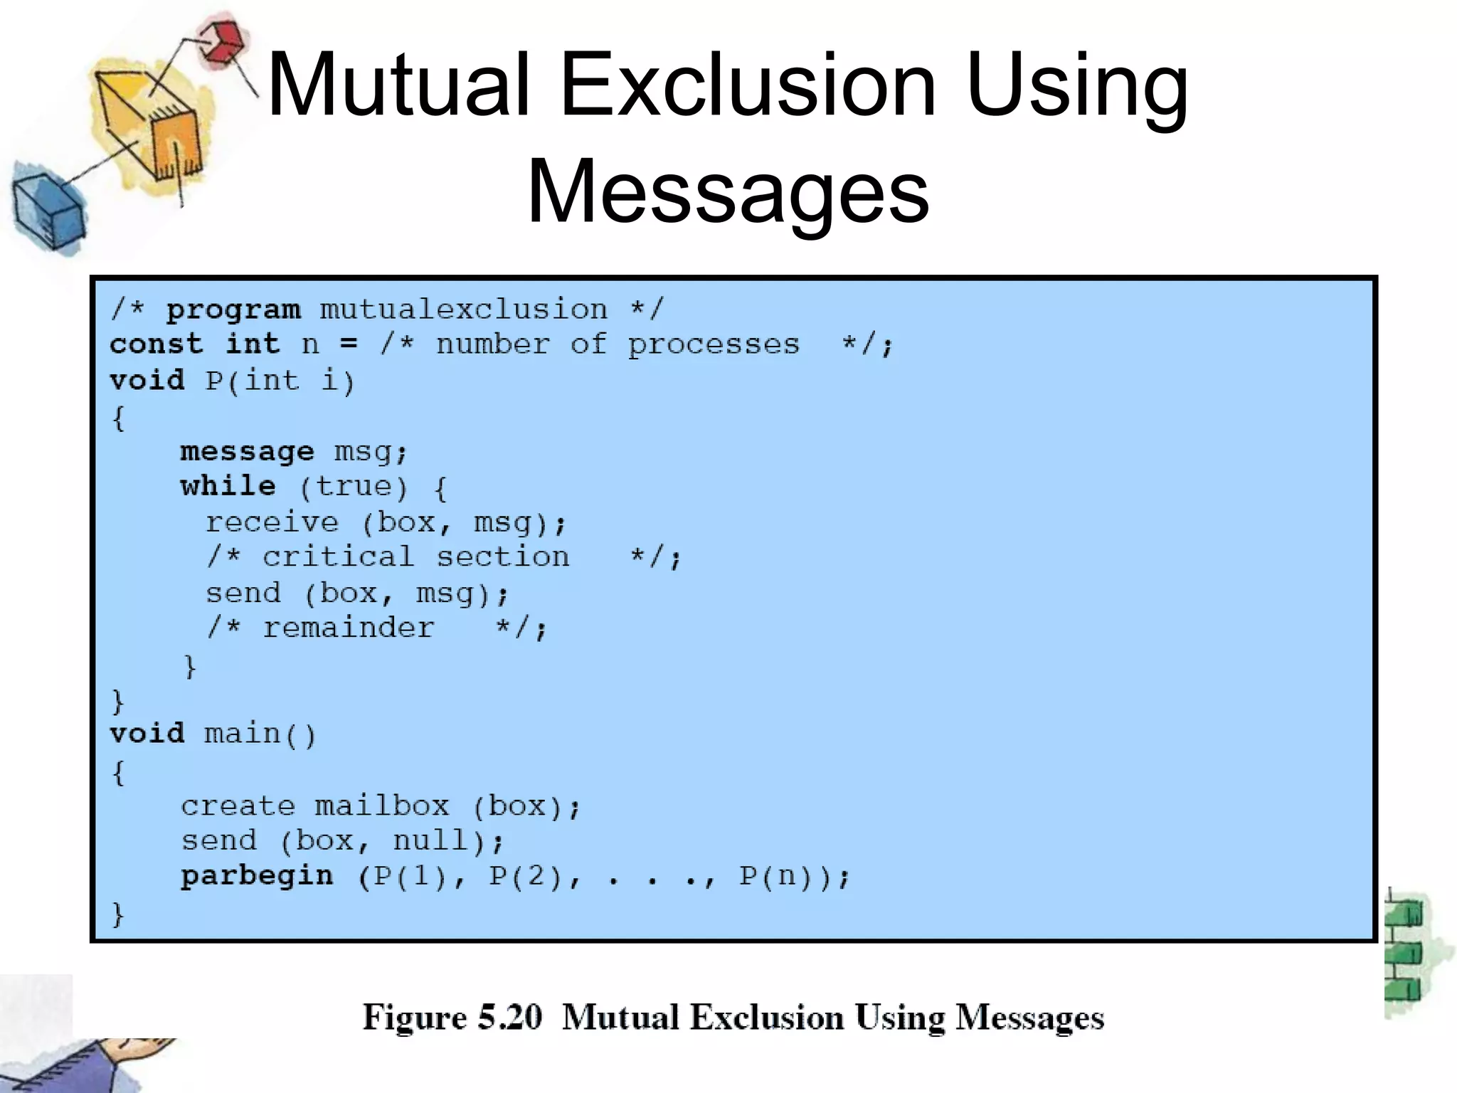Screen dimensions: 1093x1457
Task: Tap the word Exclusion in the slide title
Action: [x=748, y=87]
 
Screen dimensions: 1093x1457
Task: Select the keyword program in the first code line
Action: [x=233, y=310]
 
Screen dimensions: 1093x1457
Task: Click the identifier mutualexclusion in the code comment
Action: [x=463, y=310]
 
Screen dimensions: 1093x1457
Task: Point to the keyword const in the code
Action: [x=156, y=344]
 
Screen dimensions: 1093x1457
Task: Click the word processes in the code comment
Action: [x=713, y=345]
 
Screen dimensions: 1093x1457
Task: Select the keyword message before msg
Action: [x=247, y=452]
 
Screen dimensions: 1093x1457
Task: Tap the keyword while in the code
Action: [x=228, y=487]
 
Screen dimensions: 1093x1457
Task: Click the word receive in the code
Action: [x=272, y=522]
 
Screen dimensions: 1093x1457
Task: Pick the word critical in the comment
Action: [x=338, y=557]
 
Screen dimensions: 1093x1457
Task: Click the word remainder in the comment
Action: [x=348, y=628]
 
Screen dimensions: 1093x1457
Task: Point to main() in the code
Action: [x=260, y=734]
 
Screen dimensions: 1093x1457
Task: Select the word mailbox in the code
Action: [x=382, y=806]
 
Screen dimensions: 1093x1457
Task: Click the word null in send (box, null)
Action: [x=430, y=841]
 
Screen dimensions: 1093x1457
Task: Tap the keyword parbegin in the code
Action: [x=257, y=876]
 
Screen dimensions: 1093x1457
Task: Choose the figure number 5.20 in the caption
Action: [x=509, y=1017]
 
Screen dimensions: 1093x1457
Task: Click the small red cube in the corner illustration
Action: [x=222, y=41]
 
